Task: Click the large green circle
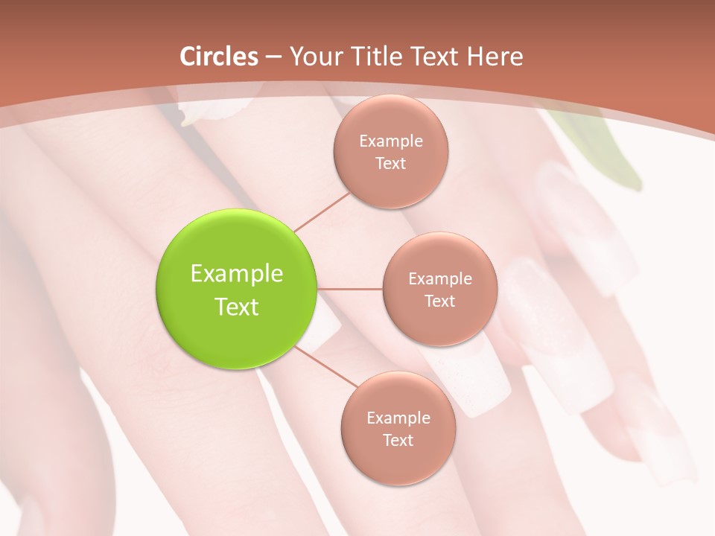(x=237, y=290)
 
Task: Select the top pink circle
(x=390, y=152)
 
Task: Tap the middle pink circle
(x=439, y=289)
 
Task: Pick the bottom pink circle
(x=398, y=428)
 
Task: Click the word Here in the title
(x=495, y=57)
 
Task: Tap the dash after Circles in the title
(x=273, y=57)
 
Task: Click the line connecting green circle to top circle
(x=322, y=211)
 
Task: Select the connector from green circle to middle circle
(x=350, y=289)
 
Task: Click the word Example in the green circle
(x=237, y=274)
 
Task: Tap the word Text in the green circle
(x=237, y=307)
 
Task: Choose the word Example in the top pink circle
(x=391, y=141)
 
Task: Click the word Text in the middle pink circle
(x=439, y=301)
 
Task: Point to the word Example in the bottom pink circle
(x=398, y=418)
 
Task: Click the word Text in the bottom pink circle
(x=398, y=441)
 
